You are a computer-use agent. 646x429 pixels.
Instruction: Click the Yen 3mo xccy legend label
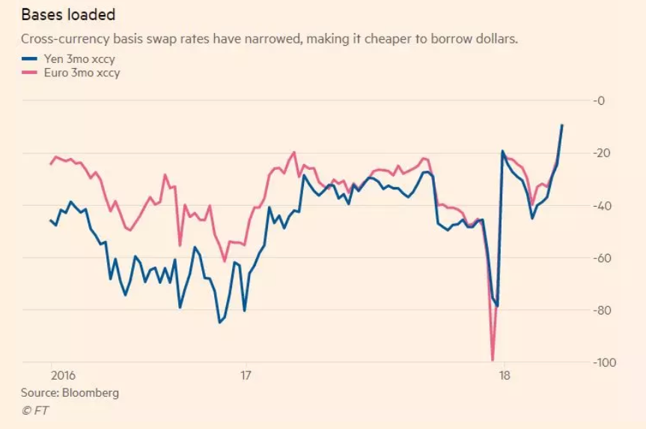tap(74, 59)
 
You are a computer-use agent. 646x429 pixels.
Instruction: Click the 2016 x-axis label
tap(61, 376)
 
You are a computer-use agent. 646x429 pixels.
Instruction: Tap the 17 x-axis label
tap(246, 376)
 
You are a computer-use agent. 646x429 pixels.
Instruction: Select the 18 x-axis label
tap(504, 376)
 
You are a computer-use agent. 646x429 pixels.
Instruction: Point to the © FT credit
tap(34, 410)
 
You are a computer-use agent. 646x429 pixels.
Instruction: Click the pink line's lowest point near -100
tap(493, 359)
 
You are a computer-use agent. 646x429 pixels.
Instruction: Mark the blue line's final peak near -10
tap(561, 125)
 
